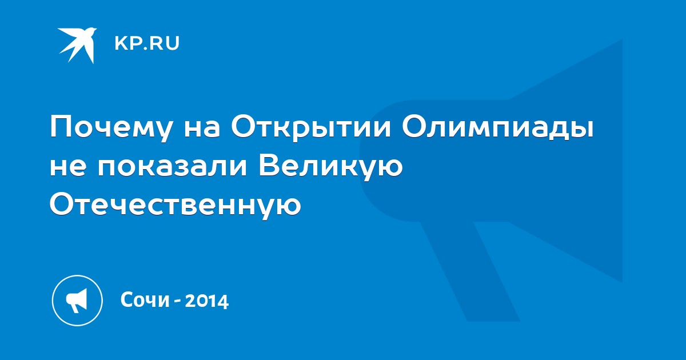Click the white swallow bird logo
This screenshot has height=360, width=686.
point(77,45)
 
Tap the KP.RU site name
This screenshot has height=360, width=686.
point(147,43)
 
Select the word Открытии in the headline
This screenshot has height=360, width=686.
point(311,126)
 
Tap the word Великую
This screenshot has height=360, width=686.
point(330,168)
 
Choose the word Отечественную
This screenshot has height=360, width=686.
point(176,205)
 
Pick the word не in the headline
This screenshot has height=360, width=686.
point(67,168)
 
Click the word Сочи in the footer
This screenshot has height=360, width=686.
point(145,300)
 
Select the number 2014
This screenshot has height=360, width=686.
point(207,301)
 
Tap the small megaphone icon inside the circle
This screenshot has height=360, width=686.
point(77,301)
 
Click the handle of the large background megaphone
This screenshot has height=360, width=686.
point(470,271)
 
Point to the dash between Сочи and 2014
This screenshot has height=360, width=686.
point(177,302)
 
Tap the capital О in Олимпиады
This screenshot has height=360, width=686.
point(415,126)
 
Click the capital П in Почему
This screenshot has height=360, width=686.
point(61,126)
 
